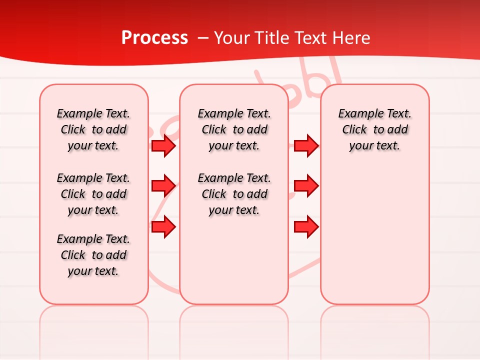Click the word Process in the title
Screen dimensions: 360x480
click(154, 38)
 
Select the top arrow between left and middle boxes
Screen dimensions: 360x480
click(163, 146)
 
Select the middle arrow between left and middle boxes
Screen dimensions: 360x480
click(163, 186)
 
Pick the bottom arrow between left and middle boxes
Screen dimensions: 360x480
click(163, 226)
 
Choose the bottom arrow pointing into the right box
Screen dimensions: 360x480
click(306, 226)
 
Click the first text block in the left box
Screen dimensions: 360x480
click(93, 129)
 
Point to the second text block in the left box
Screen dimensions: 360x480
click(93, 194)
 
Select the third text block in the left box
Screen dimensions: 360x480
click(93, 255)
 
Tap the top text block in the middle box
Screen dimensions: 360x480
click(234, 129)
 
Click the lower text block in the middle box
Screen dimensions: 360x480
click(234, 194)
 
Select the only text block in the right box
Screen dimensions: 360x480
click(374, 129)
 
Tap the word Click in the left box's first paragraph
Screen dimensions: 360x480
click(73, 130)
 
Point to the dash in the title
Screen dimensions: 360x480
click(203, 38)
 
